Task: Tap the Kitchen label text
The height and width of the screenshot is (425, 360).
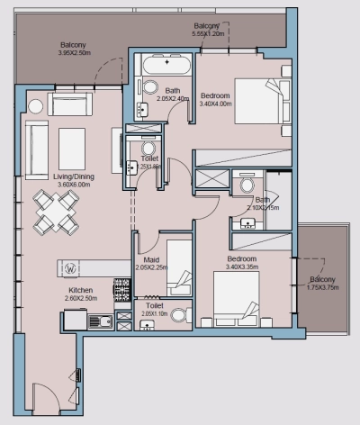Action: pos(83,291)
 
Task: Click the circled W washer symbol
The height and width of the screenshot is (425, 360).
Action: pos(70,267)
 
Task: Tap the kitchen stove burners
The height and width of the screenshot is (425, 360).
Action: pos(121,290)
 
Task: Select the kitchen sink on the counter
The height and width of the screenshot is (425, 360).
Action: pos(96,321)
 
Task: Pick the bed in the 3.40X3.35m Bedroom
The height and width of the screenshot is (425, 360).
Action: pos(236,300)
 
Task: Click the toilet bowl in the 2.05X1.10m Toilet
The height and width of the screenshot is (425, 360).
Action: pos(179,315)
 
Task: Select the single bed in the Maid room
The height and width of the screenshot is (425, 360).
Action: pos(178,267)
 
